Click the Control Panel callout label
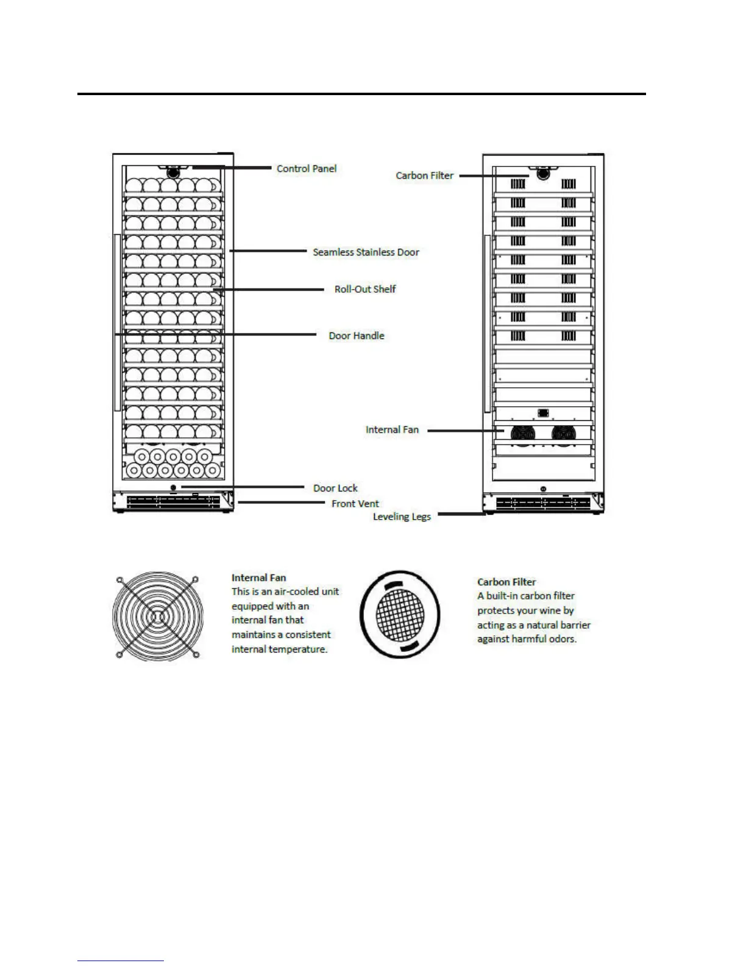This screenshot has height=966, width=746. pyautogui.click(x=306, y=169)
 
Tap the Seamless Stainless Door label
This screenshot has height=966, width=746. pyautogui.click(x=366, y=252)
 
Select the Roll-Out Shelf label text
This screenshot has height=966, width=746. pyautogui.click(x=364, y=289)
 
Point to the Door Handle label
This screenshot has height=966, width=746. pyautogui.click(x=357, y=336)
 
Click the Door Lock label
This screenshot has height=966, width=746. pyautogui.click(x=335, y=488)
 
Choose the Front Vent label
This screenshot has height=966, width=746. pyautogui.click(x=355, y=504)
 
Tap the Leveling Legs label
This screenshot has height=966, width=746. pyautogui.click(x=402, y=517)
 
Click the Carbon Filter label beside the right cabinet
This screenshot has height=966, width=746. pyautogui.click(x=424, y=176)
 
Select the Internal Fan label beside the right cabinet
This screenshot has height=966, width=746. pyautogui.click(x=392, y=430)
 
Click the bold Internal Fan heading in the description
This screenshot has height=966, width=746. pyautogui.click(x=258, y=578)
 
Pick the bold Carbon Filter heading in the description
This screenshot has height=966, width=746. pyautogui.click(x=506, y=582)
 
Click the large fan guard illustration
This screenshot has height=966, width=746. pyautogui.click(x=157, y=617)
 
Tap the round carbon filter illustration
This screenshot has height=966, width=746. pyautogui.click(x=400, y=615)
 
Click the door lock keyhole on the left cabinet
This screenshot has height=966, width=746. pyautogui.click(x=174, y=487)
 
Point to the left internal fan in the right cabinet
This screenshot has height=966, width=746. pyautogui.click(x=522, y=433)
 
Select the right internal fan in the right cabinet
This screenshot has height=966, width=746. pyautogui.click(x=563, y=433)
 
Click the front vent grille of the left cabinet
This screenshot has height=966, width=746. pyautogui.click(x=174, y=501)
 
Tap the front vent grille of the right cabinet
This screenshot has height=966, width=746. pyautogui.click(x=542, y=504)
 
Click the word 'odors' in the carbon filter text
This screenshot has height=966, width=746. pyautogui.click(x=562, y=639)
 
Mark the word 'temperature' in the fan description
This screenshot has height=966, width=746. pyautogui.click(x=297, y=649)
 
